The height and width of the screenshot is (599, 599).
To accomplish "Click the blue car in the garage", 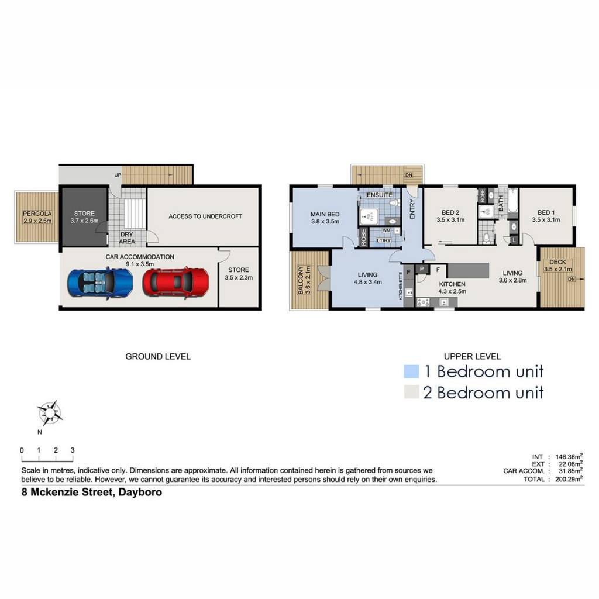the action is coord(100,283).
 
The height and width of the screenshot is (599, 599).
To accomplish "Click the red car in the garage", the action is coord(175,282).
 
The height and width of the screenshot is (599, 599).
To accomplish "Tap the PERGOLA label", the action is coord(37,214).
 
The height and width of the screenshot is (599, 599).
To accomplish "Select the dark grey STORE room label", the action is coord(84,214).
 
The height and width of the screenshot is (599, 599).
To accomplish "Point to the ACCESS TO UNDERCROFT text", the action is coord(205,216).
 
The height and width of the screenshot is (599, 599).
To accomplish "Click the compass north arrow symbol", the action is coord(50,413).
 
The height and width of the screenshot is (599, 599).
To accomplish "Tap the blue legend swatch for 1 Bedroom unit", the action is coord(411,371).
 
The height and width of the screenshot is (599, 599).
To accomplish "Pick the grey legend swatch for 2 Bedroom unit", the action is coord(411,392).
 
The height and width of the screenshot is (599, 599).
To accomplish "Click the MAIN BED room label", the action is coord(325,214).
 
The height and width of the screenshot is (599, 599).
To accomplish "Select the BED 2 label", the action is coord(450,212).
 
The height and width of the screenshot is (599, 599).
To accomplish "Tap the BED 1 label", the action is coord(546,212).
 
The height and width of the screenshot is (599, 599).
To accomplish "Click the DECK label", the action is coord(557,262).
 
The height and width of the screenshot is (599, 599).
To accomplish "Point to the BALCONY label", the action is coord(301,280).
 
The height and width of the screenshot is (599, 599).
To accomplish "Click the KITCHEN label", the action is coord(452,284).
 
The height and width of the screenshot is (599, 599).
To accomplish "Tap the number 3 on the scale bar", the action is coord(73,450).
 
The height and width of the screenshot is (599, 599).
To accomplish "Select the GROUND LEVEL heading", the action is coord(158,356).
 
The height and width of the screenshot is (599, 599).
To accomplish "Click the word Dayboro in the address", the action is coord(140,492).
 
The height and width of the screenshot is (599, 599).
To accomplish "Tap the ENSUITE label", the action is coord(379,195).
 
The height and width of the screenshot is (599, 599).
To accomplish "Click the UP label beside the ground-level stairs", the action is coord(118,175).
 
